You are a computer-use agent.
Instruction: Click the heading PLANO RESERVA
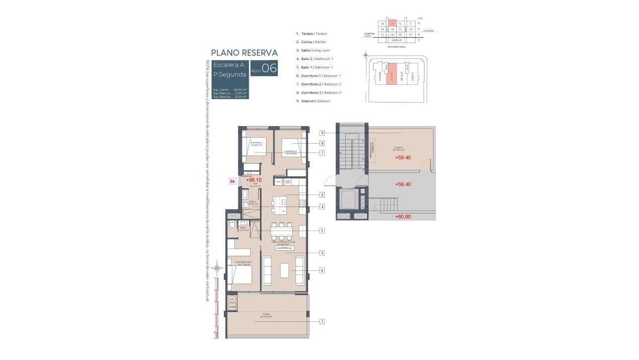[x=244, y=52]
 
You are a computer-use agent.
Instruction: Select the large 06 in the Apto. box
[x=269, y=68]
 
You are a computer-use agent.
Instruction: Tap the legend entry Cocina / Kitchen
[x=311, y=42]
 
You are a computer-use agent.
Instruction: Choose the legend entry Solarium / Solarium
[x=313, y=101]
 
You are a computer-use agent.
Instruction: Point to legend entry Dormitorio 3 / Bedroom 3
[x=319, y=93]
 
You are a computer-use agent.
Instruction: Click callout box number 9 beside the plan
[x=322, y=133]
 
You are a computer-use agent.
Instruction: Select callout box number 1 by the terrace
[x=322, y=321]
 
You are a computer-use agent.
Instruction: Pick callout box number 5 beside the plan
[x=322, y=230]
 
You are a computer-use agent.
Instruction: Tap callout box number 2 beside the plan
[x=322, y=195]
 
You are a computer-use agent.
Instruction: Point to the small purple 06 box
[x=232, y=181]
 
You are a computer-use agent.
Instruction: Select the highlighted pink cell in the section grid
[x=392, y=23]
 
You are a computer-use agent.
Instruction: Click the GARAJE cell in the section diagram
[x=396, y=40]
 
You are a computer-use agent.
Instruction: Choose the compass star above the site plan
[x=365, y=55]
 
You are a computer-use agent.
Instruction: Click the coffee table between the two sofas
[x=284, y=270]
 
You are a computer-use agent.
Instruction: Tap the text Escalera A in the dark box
[x=229, y=65]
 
